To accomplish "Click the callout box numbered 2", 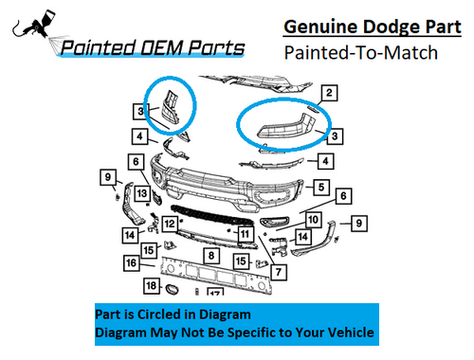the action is pyautogui.click(x=328, y=93).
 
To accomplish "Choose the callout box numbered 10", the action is pyautogui.click(x=313, y=219).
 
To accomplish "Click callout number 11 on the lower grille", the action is pyautogui.click(x=244, y=233).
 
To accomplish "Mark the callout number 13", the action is pyautogui.click(x=141, y=194).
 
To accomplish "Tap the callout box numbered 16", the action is pyautogui.click(x=132, y=262).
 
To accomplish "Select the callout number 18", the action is pyautogui.click(x=151, y=285).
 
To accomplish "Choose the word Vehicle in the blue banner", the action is pyautogui.click(x=346, y=333).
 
